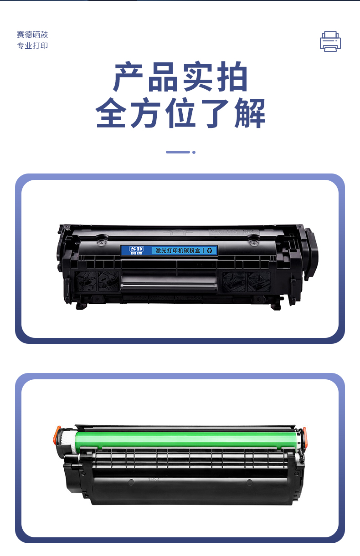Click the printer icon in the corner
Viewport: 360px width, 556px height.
pos(330,41)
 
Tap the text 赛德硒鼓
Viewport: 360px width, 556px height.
pos(32,35)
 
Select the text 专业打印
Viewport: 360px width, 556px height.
pos(32,46)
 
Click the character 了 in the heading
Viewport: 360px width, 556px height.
pos(215,113)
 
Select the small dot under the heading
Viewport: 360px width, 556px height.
pos(194,152)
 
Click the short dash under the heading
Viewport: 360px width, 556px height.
pos(178,152)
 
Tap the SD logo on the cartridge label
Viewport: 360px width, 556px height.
pos(136,250)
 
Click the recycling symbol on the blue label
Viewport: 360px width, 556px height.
pos(210,250)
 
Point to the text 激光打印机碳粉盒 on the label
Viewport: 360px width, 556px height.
pos(178,250)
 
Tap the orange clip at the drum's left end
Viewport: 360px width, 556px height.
pos(57,435)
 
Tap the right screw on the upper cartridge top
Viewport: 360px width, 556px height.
pos(253,243)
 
